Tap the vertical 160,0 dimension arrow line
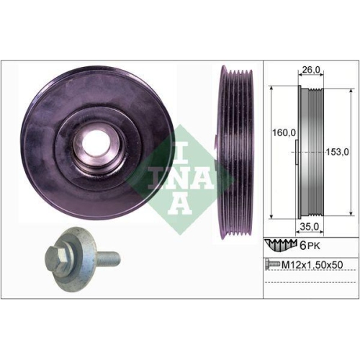(x=270, y=151)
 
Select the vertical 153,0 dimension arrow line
(x=327, y=151)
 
